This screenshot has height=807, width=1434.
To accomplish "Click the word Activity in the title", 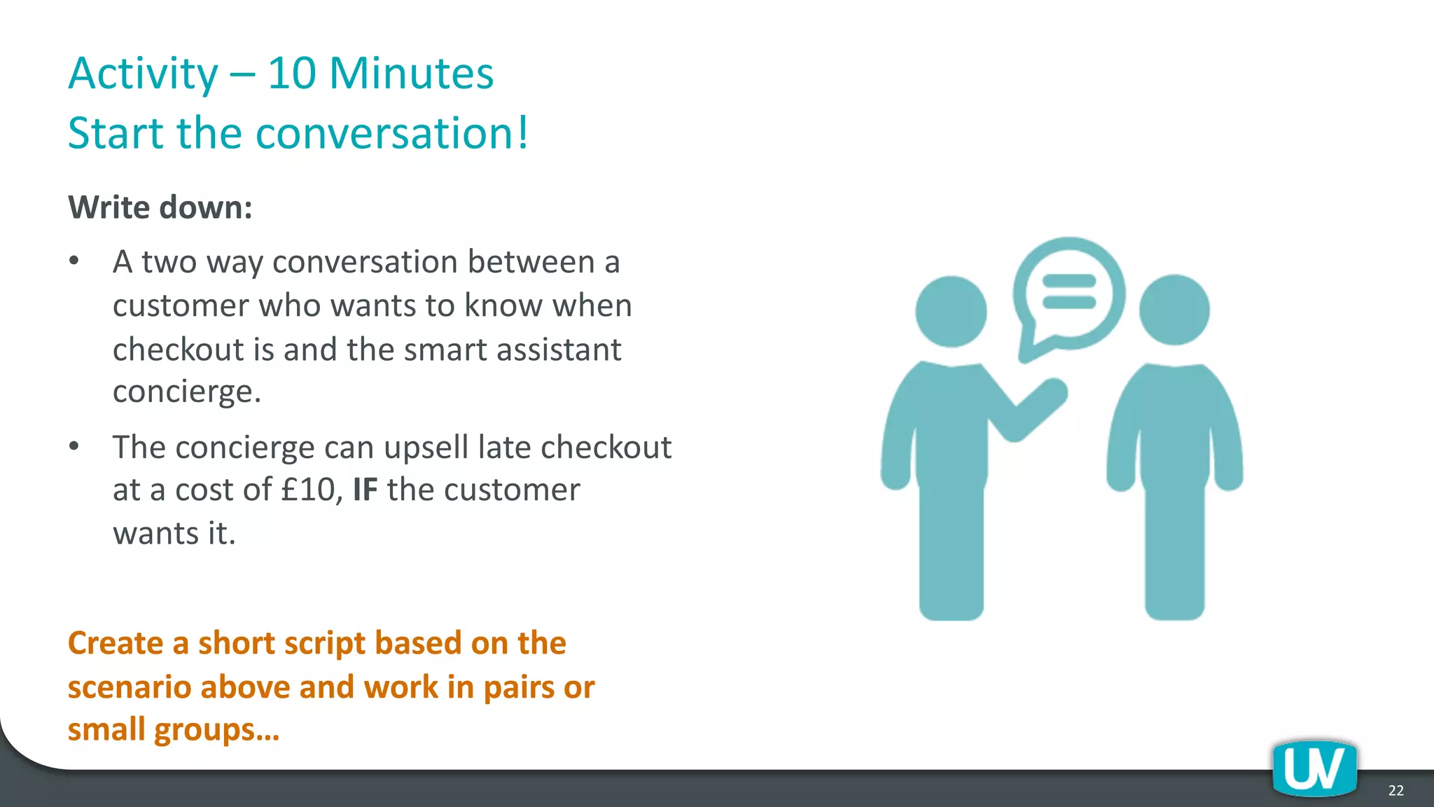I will pyautogui.click(x=144, y=74).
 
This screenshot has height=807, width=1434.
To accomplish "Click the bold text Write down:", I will pyautogui.click(x=160, y=207).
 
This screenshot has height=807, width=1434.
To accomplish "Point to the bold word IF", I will pyautogui.click(x=365, y=490).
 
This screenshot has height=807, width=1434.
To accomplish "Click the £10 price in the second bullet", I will pyautogui.click(x=311, y=490).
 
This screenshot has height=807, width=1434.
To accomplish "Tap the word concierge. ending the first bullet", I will pyautogui.click(x=186, y=392).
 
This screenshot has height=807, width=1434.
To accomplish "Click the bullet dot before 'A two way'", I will pyautogui.click(x=74, y=262).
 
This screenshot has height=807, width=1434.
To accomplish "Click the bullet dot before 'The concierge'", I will pyautogui.click(x=74, y=447).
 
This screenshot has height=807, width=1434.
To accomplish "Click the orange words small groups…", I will pyautogui.click(x=173, y=729).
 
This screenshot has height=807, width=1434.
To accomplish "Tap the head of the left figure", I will pyautogui.click(x=951, y=311).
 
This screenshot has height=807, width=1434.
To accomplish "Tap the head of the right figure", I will pyautogui.click(x=1174, y=310).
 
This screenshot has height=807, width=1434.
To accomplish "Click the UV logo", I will pyautogui.click(x=1314, y=769).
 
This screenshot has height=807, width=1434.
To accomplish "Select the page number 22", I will pyautogui.click(x=1395, y=790).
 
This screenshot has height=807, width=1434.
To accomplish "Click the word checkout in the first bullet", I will pyautogui.click(x=178, y=350).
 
